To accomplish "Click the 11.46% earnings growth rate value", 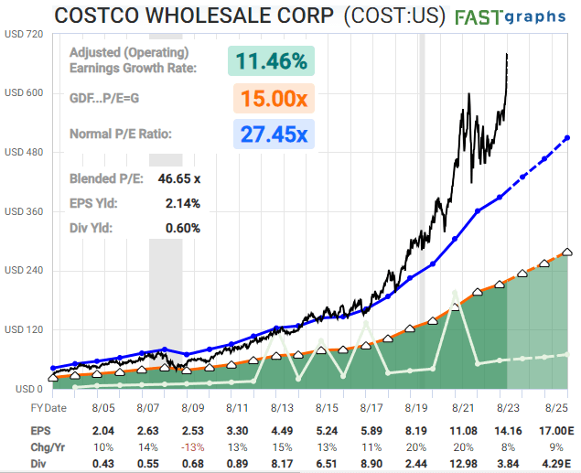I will coord(272,62).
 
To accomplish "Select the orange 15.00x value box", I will coord(272,98).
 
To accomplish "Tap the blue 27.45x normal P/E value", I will coord(272,134).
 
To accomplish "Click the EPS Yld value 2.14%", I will coord(182,203).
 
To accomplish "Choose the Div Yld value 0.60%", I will coord(182,228).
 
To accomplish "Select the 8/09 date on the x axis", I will coord(193,408).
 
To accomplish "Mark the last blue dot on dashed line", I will coord(567,138).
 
